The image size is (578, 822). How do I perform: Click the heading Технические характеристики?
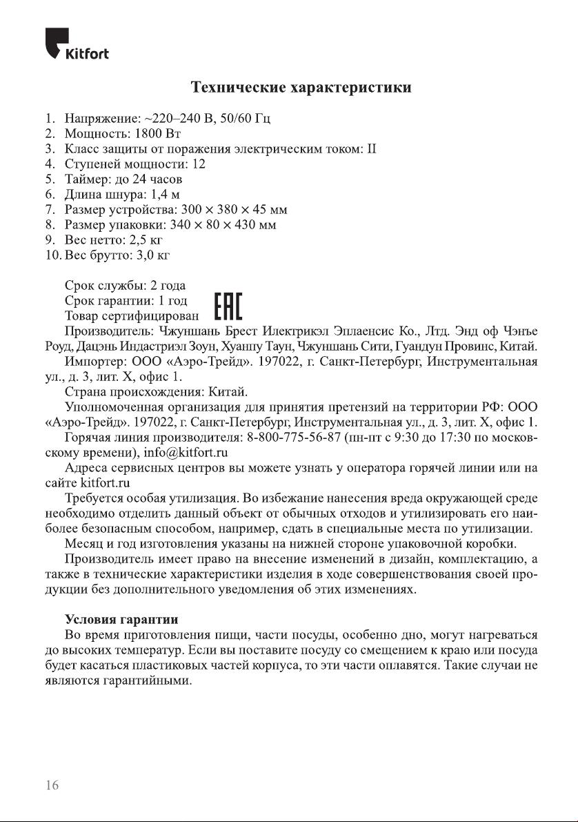click(301, 88)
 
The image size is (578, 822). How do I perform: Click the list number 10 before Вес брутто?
click(52, 255)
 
